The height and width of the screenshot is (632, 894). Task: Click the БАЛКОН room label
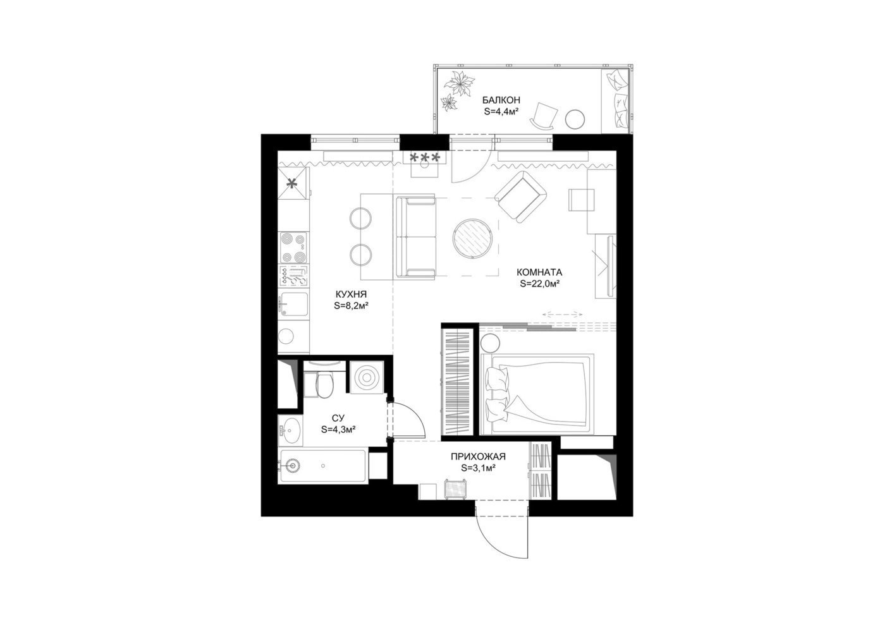[x=501, y=100]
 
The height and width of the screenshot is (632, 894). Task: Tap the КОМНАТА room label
[x=539, y=272]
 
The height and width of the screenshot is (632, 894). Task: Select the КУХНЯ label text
[x=351, y=295]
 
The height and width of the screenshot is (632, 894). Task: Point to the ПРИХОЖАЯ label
[x=478, y=456]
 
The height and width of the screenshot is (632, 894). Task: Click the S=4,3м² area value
[x=338, y=429]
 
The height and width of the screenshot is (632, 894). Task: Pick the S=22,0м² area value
[x=539, y=284]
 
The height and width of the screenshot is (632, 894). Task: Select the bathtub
[x=323, y=466]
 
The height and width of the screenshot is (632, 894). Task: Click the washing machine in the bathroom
[x=367, y=377]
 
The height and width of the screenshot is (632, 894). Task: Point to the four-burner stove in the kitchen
[x=294, y=247]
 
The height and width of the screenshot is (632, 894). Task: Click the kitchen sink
[x=294, y=305]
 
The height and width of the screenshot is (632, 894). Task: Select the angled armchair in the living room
[x=521, y=197]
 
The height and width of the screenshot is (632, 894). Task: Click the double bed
[x=537, y=394]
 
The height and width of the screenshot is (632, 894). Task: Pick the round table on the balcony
[x=575, y=119]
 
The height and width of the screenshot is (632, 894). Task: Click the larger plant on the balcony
[x=460, y=83]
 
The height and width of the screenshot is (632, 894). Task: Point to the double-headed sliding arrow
[x=560, y=314]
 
